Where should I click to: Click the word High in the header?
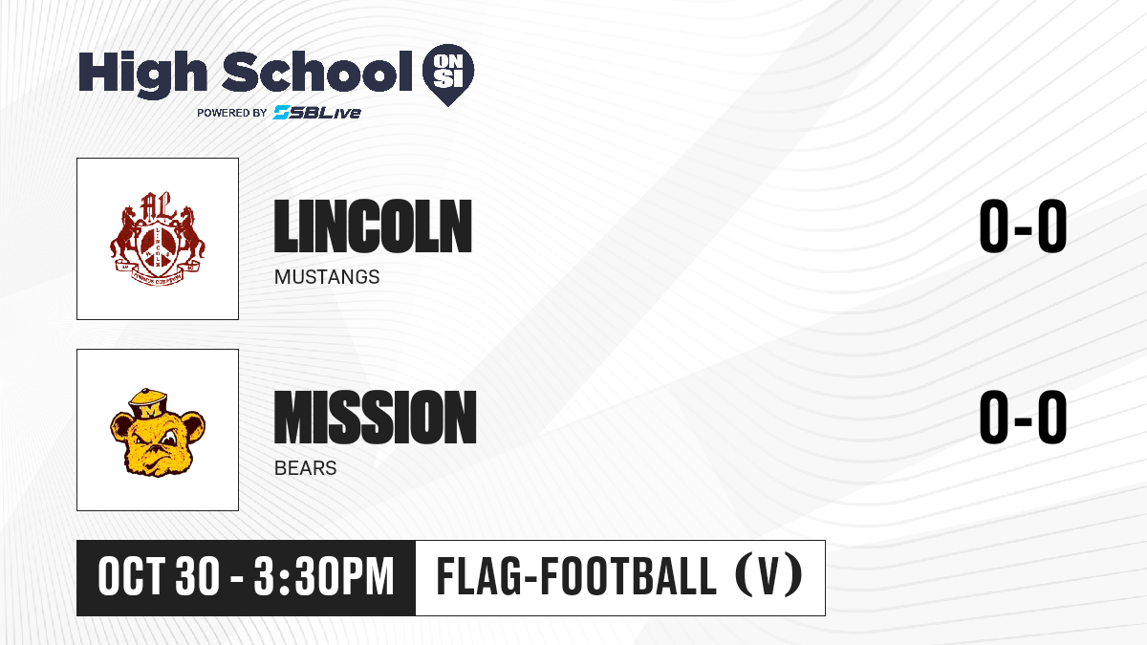pos(142,74)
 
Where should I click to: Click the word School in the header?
pos(317,71)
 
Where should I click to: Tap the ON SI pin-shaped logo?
pos(448,75)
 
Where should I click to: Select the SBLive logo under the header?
pos(316,113)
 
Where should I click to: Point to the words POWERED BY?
pos(232,113)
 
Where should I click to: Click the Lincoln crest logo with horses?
pos(158,239)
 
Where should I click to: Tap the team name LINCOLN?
pos(373,226)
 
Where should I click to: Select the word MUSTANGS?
pos(327,277)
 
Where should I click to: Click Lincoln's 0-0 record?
pos(1023,226)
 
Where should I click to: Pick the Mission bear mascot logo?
pos(158,431)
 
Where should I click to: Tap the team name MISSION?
pos(376,418)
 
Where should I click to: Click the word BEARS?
pos(305,468)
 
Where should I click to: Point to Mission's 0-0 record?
pos(1023,418)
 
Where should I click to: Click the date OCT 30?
pos(160,577)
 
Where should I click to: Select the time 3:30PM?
pos(324,577)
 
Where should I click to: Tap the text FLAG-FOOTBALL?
pos(576,576)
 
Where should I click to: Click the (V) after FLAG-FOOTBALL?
pos(768,576)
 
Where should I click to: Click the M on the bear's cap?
pos(151,411)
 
